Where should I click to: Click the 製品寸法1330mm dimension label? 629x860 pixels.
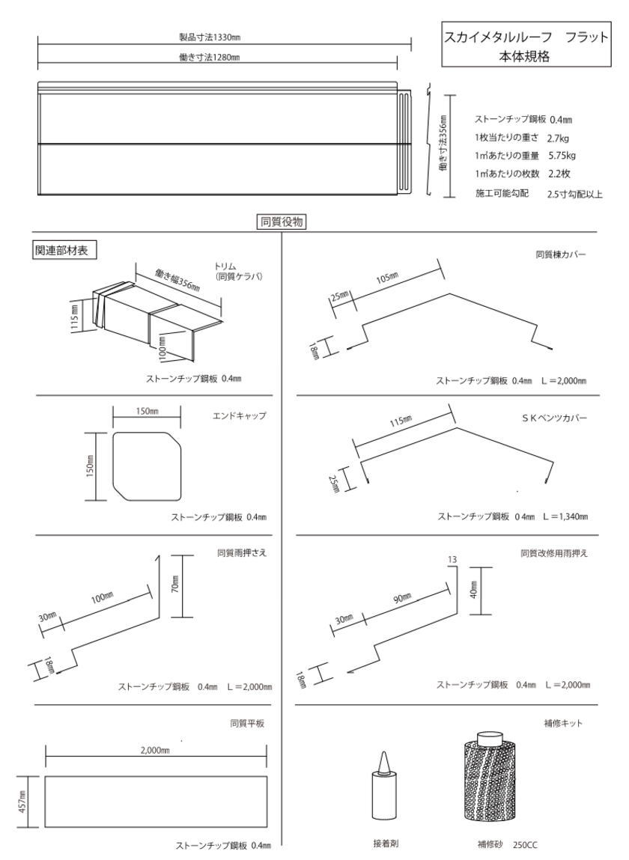click(x=210, y=37)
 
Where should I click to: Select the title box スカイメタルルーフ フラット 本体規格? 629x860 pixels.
click(x=526, y=44)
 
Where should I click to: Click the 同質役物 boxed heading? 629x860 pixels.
click(x=282, y=222)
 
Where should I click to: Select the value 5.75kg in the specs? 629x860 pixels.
click(x=562, y=155)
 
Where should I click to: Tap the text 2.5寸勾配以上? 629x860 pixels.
click(x=574, y=194)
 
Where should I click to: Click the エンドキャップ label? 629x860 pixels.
click(x=239, y=415)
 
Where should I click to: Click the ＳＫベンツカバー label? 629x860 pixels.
click(x=554, y=418)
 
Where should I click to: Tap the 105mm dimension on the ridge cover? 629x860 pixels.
click(x=387, y=278)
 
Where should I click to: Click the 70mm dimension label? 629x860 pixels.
click(x=174, y=586)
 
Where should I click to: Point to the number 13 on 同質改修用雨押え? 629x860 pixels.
click(x=452, y=559)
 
